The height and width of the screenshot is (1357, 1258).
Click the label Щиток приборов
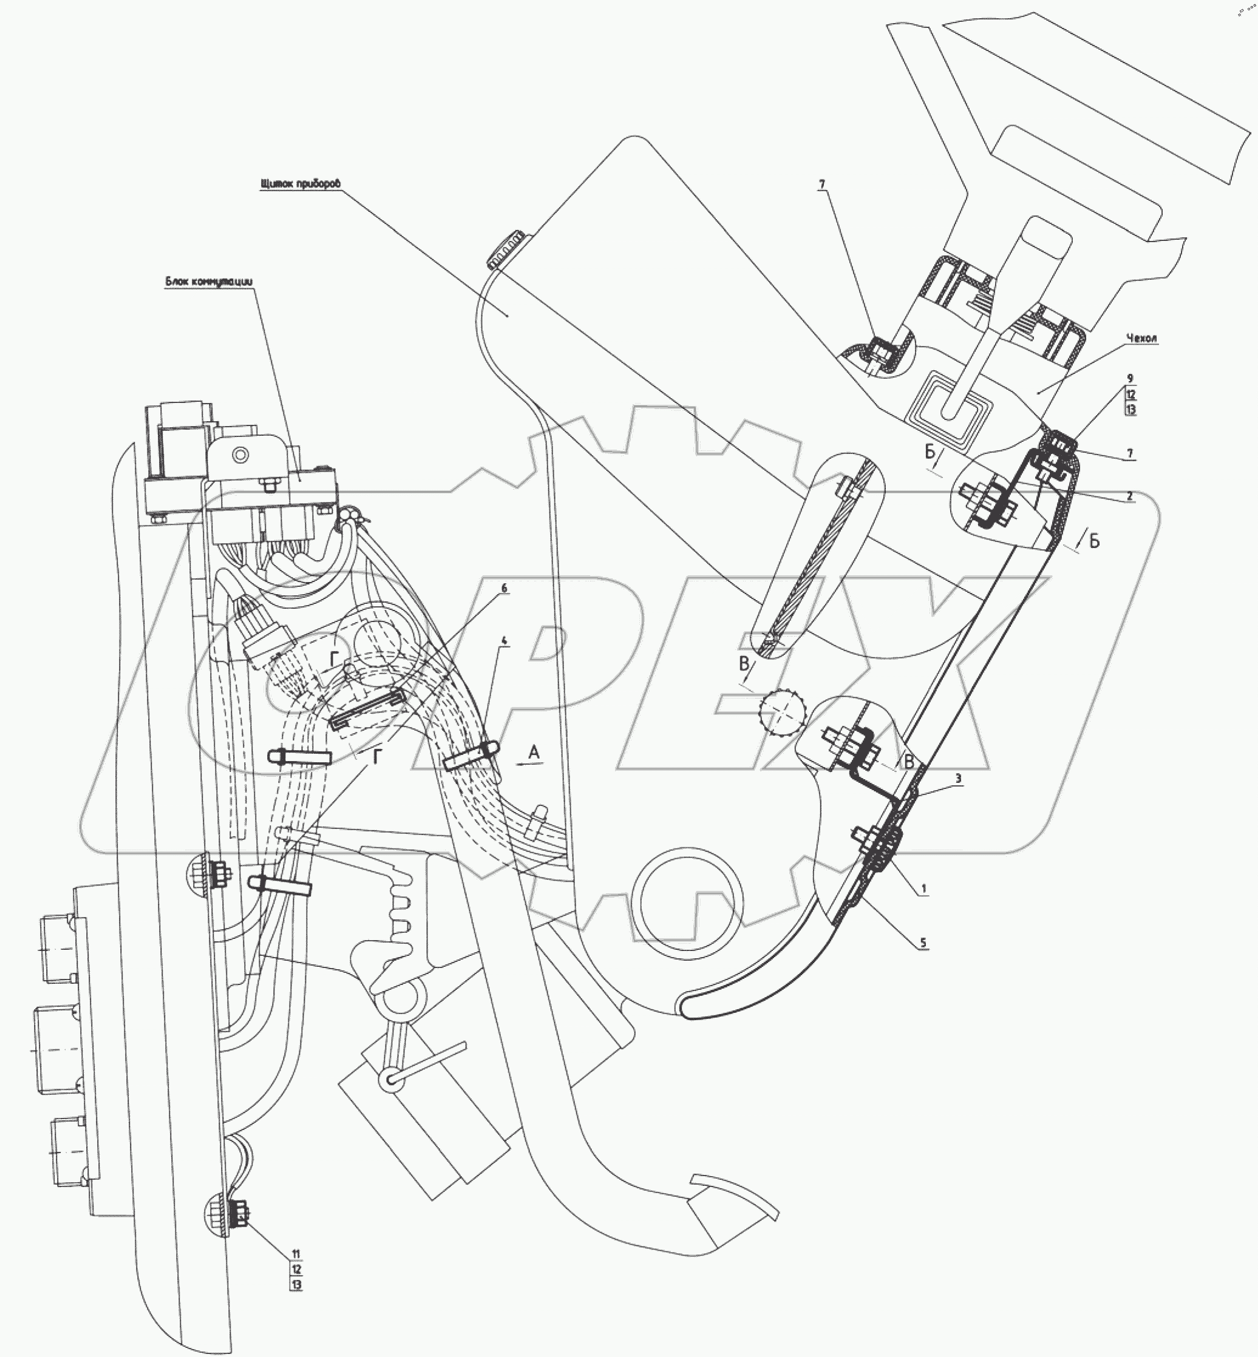coord(299,184)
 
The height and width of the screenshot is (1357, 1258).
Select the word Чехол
coord(1141,338)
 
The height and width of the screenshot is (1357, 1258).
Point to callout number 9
coord(1130,378)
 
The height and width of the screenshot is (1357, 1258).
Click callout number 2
coord(1129,496)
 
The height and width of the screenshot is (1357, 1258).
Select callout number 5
coord(923,942)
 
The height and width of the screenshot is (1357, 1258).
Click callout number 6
coord(505,588)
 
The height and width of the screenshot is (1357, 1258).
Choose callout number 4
coord(505,641)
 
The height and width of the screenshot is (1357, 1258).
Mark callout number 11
coord(296,1254)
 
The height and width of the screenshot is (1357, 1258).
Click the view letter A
coord(534,752)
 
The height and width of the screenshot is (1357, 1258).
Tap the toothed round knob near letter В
coord(783,712)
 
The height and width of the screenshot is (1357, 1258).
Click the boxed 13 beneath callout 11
coord(296,1285)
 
